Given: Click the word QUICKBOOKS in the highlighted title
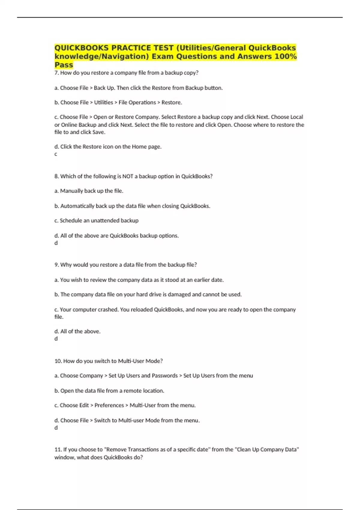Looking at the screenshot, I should point(82,48).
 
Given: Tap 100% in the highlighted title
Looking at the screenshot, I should point(286,56).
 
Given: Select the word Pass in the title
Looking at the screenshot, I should point(64,65).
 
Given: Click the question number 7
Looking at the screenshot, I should point(56,73).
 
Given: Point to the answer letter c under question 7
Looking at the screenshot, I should point(55,154).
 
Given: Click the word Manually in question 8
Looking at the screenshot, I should point(71,191).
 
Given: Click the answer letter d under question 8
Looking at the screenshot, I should point(56,243).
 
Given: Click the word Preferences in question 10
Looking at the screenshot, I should point(109,405).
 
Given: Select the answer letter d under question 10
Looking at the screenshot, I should point(56,428).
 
